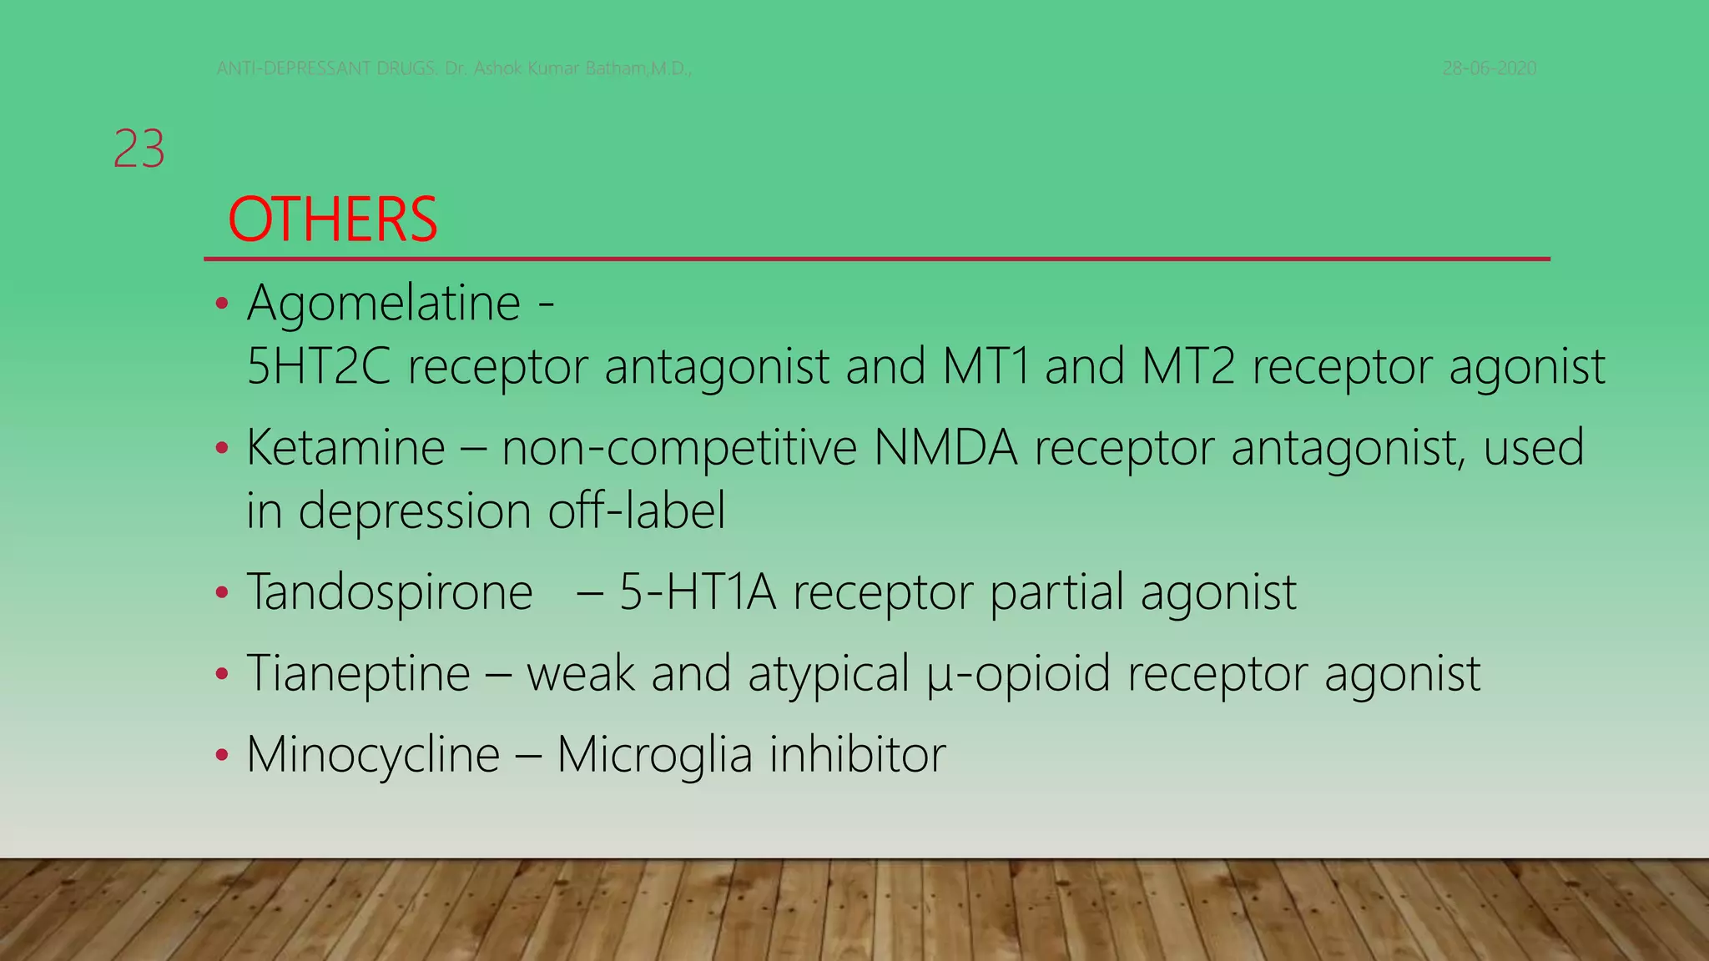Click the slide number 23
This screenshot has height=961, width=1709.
[139, 150]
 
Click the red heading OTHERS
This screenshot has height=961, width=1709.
[332, 220]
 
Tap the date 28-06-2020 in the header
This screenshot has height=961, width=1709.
[1490, 68]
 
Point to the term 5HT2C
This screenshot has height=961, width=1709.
[319, 366]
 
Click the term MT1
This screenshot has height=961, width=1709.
[986, 366]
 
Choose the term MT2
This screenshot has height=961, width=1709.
[1187, 366]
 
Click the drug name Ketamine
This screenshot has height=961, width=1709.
[345, 447]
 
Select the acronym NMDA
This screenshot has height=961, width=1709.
[945, 447]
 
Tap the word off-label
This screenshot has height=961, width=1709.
[637, 511]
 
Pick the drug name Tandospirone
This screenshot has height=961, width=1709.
[390, 592]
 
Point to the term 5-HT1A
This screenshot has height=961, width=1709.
[697, 592]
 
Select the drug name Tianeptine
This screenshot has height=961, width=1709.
[359, 673]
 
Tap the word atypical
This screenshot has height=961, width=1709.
[828, 673]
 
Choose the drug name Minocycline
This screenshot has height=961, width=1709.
[373, 754]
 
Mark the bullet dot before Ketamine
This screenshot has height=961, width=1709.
[221, 449]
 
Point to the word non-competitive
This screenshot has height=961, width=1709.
[679, 447]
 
